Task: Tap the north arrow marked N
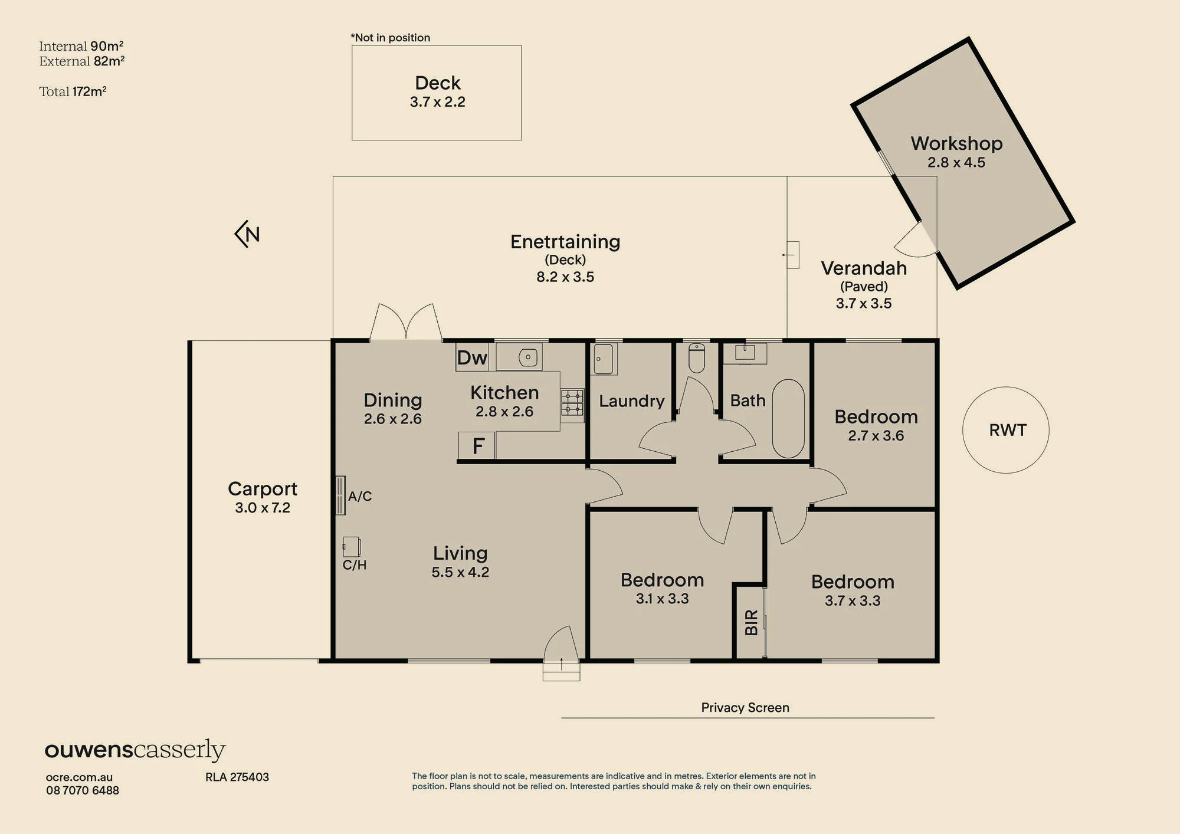click(x=247, y=234)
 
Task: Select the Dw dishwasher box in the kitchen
click(x=472, y=357)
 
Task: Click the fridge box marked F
click(x=477, y=445)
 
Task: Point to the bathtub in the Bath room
click(x=788, y=418)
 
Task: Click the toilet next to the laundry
click(x=697, y=358)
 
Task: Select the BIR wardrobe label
click(x=751, y=622)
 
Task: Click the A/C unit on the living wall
click(x=340, y=495)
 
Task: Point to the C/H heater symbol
click(x=352, y=547)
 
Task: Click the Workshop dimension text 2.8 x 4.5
click(x=956, y=162)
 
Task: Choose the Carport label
click(x=263, y=489)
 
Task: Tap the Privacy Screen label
click(x=745, y=707)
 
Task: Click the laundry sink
click(x=604, y=359)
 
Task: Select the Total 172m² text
click(x=73, y=91)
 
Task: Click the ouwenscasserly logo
click(x=135, y=750)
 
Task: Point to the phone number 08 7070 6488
click(x=83, y=790)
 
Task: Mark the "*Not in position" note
click(x=391, y=38)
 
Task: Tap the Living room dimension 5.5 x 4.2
click(x=460, y=572)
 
